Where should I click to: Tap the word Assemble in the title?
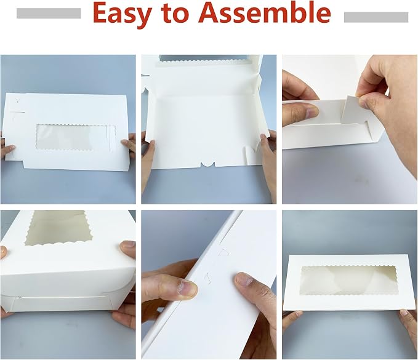click(x=265, y=12)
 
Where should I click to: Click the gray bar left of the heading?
click(x=49, y=13)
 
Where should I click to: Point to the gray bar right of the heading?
click(x=376, y=17)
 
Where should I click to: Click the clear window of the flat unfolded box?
click(x=76, y=137)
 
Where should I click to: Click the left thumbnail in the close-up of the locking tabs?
click(x=188, y=289)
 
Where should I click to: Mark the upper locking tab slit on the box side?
click(x=224, y=252)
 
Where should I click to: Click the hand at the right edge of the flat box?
click(x=129, y=145)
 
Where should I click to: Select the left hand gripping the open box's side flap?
click(x=148, y=160)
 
